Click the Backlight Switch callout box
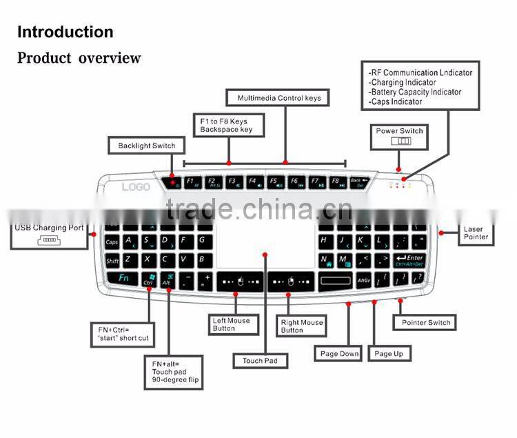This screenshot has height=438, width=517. click(146, 146)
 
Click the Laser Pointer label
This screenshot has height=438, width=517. click(476, 233)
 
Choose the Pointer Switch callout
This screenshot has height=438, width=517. click(425, 322)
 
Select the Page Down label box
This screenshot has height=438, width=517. click(339, 354)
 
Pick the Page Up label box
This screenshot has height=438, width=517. click(389, 354)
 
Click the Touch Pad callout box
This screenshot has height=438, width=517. click(260, 361)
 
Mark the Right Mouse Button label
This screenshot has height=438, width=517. click(301, 326)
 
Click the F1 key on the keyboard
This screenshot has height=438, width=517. click(192, 183)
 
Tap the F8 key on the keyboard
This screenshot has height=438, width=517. click(336, 183)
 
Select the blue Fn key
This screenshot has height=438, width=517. click(123, 279)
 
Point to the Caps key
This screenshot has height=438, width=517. click(112, 242)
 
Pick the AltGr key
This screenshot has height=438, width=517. click(364, 280)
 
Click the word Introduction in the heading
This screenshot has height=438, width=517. click(65, 32)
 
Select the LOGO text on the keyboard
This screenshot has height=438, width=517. click(136, 186)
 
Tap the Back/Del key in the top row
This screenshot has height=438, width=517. click(358, 183)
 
